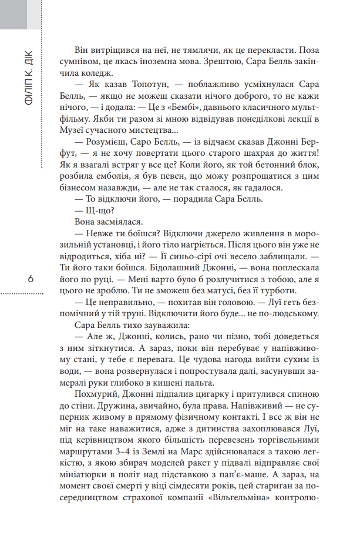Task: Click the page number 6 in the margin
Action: point(30,279)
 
